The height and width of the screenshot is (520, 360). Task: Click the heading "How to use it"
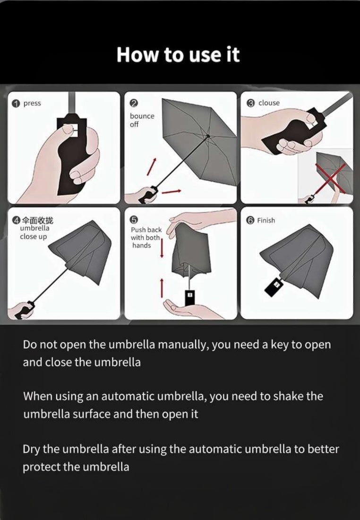click(178, 55)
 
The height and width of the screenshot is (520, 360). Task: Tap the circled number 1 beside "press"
click(17, 104)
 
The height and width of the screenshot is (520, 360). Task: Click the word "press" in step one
click(32, 104)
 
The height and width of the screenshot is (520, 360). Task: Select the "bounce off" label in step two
click(142, 120)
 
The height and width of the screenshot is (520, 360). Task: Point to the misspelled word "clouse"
click(269, 103)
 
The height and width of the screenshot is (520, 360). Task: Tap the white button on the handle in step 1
click(71, 128)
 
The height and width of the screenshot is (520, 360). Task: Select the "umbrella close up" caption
click(34, 232)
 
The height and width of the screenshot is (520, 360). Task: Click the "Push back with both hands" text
click(146, 237)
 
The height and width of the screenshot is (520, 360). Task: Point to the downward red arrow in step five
click(162, 248)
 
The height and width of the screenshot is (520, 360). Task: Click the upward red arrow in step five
click(162, 288)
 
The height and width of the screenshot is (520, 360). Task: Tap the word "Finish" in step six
click(266, 220)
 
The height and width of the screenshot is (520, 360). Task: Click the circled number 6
click(250, 220)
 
